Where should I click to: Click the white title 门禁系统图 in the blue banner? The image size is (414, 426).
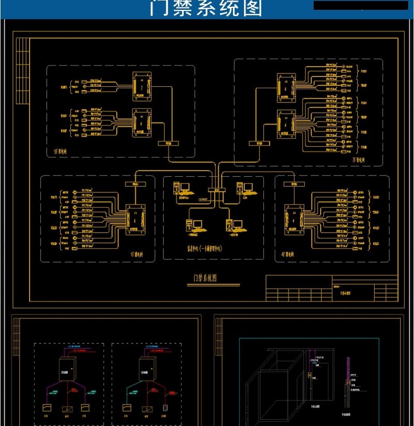coord(206,9)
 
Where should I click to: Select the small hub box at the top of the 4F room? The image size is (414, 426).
coord(293,183)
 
